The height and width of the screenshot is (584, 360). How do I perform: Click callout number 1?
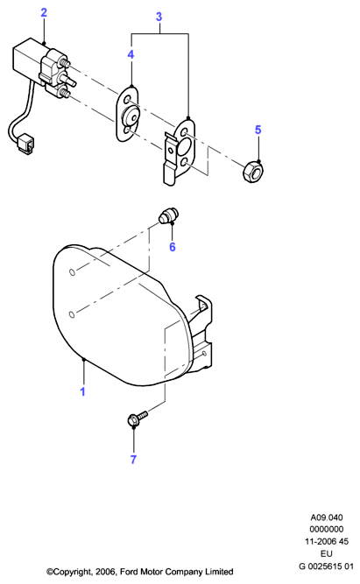coord(82,391)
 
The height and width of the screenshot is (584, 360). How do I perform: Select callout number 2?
coord(44,12)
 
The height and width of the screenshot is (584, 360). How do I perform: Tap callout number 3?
coord(159,17)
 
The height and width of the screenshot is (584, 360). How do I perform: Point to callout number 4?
coord(131,54)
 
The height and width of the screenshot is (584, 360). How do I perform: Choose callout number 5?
coord(258,130)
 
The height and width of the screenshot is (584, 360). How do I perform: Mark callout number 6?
coord(173,247)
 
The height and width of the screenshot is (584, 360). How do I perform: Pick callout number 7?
coord(133,460)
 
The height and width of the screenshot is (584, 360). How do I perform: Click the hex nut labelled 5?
coord(251,172)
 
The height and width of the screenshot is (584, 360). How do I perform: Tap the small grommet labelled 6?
coord(168,217)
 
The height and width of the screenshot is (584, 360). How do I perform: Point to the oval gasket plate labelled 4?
coord(128,115)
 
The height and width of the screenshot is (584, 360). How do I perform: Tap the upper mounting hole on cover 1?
coord(73,272)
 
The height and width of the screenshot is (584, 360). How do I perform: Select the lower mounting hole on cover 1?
coord(73,314)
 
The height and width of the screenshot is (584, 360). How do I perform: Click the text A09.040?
coord(327,517)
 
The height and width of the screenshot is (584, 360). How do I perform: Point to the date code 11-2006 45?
coord(327,541)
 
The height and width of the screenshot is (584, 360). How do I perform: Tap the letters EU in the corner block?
coord(327,553)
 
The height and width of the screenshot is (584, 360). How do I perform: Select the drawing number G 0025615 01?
coord(327,566)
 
